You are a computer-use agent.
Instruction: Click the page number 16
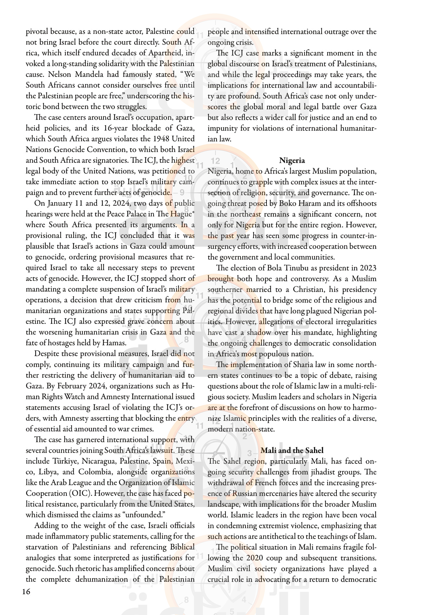click(x=26, y=591)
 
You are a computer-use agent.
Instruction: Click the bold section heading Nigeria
click(x=292, y=160)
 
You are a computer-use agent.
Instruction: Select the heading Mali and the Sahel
click(x=292, y=450)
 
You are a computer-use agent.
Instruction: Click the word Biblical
click(x=182, y=547)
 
